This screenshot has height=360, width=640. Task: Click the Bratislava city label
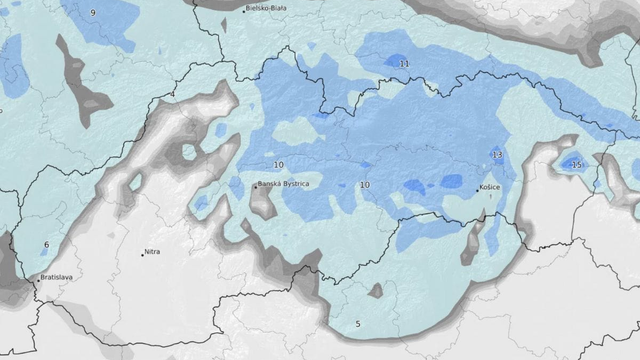tap(59, 277)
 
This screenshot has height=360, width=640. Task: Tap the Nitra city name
tap(152, 252)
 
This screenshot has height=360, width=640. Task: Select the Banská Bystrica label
tap(284, 185)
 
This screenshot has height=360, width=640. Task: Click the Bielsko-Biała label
tap(271, 8)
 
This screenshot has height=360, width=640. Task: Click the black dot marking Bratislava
tap(37, 282)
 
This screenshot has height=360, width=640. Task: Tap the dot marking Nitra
tap(142, 254)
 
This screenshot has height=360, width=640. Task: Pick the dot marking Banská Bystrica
tap(254, 183)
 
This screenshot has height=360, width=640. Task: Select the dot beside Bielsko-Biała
tap(243, 9)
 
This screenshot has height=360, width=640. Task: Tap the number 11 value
tap(404, 64)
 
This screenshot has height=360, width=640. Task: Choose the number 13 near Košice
tap(497, 155)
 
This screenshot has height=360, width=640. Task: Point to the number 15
tap(575, 164)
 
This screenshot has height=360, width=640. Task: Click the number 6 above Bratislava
tap(46, 245)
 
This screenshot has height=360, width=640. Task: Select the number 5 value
tap(358, 325)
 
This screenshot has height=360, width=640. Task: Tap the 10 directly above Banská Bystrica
tap(278, 165)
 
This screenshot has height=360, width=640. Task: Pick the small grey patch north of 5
tap(375, 291)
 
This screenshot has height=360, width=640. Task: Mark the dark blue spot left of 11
tap(395, 60)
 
